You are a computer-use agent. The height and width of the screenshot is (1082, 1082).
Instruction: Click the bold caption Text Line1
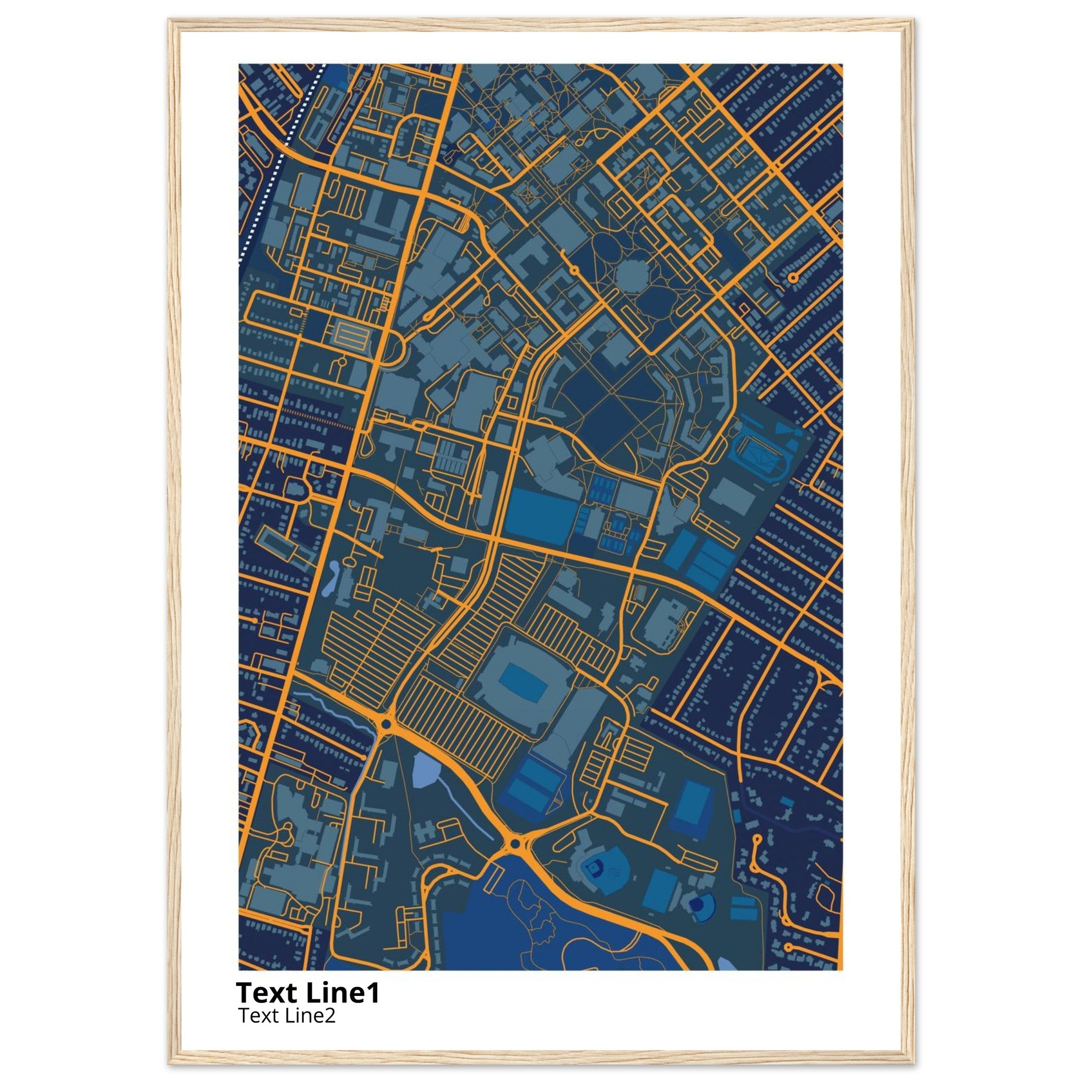point(307,992)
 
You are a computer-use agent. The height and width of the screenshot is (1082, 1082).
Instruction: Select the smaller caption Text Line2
point(287,1015)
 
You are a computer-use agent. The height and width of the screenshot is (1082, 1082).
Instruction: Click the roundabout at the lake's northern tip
point(513,843)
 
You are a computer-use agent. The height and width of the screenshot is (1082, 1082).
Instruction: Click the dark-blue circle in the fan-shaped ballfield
point(698,903)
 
